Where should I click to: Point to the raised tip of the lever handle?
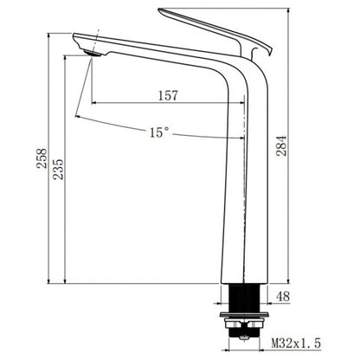(164, 12)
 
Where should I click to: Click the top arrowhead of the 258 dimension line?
(49, 35)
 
